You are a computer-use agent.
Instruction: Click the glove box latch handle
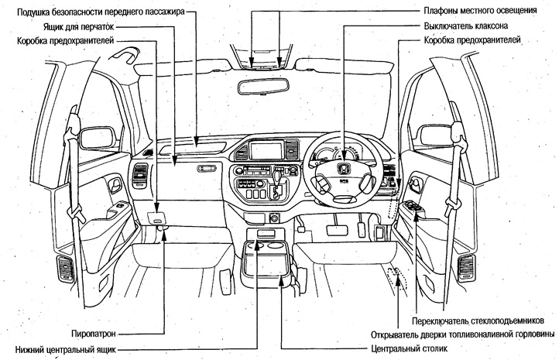coord(207,168)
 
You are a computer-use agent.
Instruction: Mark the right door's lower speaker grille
coord(467,267)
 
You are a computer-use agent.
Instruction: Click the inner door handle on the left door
coord(115,185)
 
